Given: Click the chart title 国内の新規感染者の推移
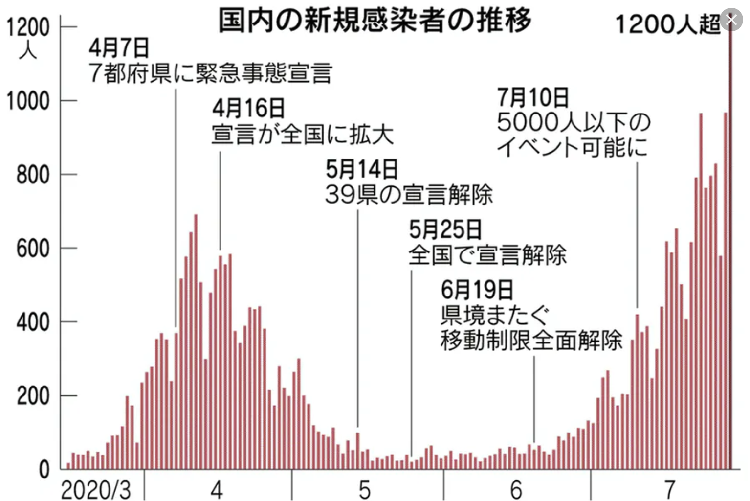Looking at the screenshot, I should (x=375, y=21).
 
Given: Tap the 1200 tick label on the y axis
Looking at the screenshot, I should (x=28, y=27).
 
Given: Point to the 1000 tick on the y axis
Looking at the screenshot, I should (x=28, y=101).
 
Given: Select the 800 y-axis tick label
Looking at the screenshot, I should (x=32, y=175).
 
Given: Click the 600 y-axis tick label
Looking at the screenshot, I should (x=32, y=249).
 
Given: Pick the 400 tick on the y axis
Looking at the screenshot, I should (x=32, y=322).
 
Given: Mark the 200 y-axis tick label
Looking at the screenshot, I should (x=32, y=396).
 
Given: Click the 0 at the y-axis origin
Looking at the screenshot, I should (x=44, y=470).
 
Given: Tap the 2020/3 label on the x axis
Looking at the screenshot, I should (x=96, y=490).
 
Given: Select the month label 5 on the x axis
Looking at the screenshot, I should (x=365, y=490).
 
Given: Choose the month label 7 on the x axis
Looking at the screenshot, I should (x=669, y=490).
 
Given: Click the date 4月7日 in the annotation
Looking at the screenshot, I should (x=119, y=48).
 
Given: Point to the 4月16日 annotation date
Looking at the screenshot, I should (x=248, y=109).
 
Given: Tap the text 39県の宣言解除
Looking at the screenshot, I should (x=409, y=195).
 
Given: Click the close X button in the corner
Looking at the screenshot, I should (x=731, y=20).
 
